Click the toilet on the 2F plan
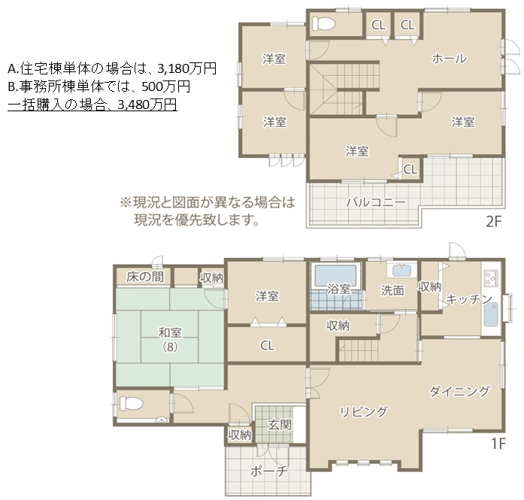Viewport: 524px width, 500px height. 323,23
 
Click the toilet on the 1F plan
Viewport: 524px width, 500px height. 132,404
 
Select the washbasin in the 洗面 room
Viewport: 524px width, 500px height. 401,271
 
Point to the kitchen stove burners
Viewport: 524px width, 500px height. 491,277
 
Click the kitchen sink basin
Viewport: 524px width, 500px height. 491,314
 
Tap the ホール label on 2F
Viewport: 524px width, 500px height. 449,59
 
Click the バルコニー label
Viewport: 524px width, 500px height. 376,202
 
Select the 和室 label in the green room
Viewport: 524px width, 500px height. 170,332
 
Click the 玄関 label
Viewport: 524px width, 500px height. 280,425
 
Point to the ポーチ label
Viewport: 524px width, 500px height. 268,471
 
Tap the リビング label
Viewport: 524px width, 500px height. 364,411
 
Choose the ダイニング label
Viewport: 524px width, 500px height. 459,391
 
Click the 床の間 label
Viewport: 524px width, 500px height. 145,277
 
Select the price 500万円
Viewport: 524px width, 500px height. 165,86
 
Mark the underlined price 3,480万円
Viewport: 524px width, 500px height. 147,105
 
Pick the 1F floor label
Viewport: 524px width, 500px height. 498,444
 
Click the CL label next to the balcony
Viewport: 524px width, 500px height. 410,169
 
